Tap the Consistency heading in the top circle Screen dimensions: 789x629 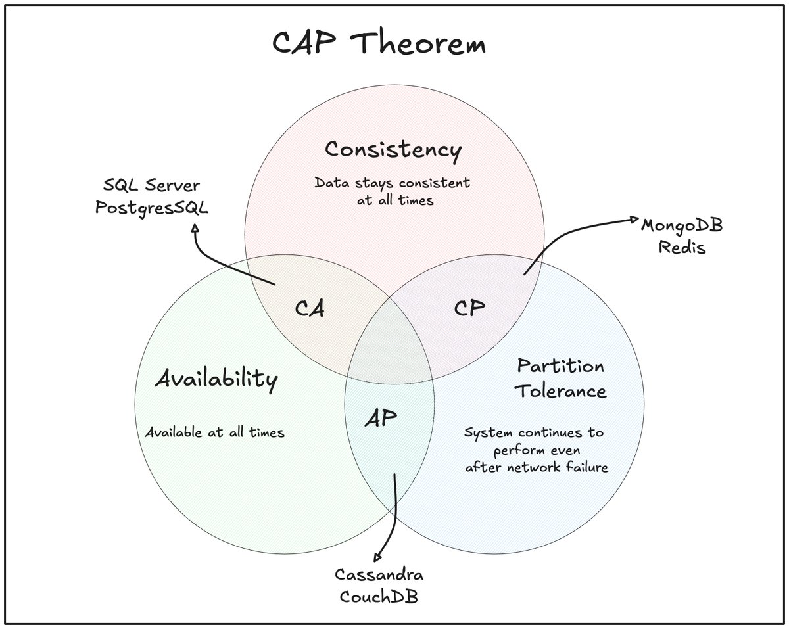pyautogui.click(x=393, y=151)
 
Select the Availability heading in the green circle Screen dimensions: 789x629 pyautogui.click(x=216, y=379)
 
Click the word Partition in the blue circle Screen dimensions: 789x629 pyautogui.click(x=561, y=366)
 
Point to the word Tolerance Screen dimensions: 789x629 pyautogui.click(x=561, y=390)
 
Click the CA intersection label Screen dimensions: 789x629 pyautogui.click(x=310, y=308)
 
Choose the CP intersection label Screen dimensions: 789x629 pyautogui.click(x=469, y=308)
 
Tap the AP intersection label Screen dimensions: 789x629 pyautogui.click(x=381, y=417)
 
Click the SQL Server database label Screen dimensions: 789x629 pyautogui.click(x=151, y=185)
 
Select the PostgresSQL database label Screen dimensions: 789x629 pyautogui.click(x=152, y=208)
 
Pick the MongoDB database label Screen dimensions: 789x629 pyautogui.click(x=682, y=225)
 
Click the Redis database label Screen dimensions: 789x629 pyautogui.click(x=682, y=247)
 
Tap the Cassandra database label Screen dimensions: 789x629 pyautogui.click(x=379, y=574)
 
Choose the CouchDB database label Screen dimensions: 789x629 pyautogui.click(x=379, y=596)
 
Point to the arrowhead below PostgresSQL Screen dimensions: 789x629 pyautogui.click(x=195, y=227)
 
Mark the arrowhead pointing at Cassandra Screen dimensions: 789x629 pyautogui.click(x=377, y=557)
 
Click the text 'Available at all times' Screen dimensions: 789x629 pyautogui.click(x=215, y=432)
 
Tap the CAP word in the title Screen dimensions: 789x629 pyautogui.click(x=304, y=43)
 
